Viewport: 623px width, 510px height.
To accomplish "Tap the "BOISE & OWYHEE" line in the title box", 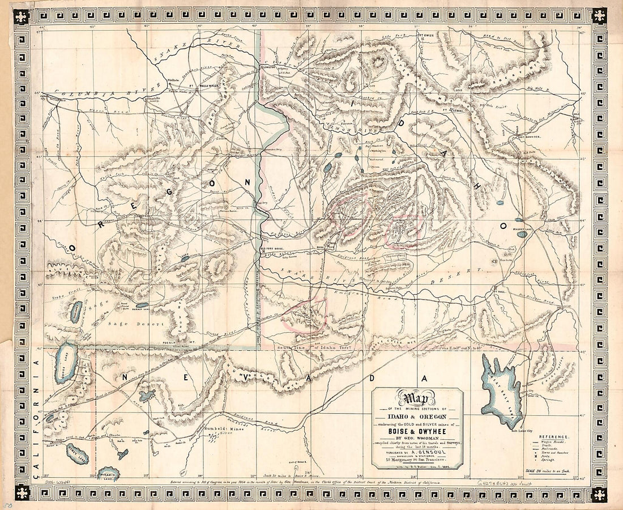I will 417,428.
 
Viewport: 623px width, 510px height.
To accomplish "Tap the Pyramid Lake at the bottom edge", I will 107,474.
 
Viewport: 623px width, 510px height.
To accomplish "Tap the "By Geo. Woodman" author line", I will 417,437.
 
